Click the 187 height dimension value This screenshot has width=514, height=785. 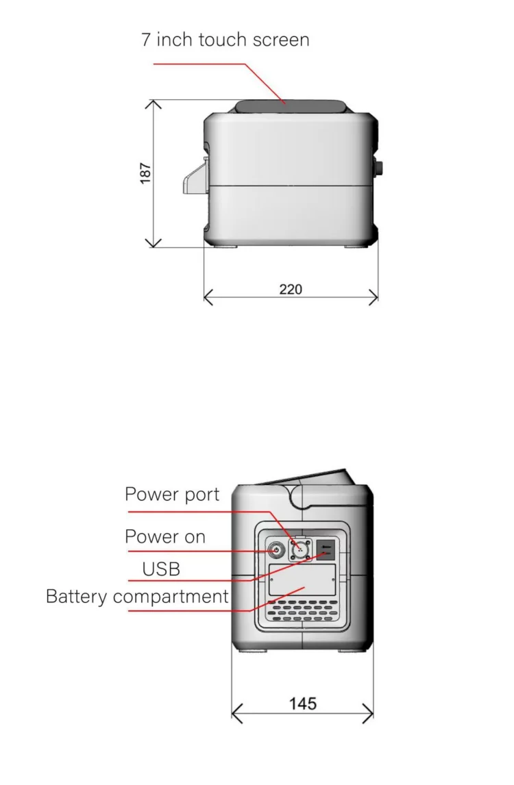pyautogui.click(x=145, y=173)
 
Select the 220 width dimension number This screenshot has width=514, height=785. pyautogui.click(x=291, y=289)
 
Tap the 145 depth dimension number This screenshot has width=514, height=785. pyautogui.click(x=302, y=703)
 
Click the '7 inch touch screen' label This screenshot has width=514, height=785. pyautogui.click(x=225, y=40)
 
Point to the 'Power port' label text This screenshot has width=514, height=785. pyautogui.click(x=172, y=495)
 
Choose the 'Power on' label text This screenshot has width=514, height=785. pyautogui.click(x=165, y=537)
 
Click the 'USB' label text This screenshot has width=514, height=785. pyautogui.click(x=161, y=569)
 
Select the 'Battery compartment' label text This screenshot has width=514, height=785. pyautogui.click(x=137, y=597)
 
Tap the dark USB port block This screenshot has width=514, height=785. pyautogui.click(x=326, y=548)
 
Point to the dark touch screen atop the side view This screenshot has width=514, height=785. pyautogui.click(x=291, y=107)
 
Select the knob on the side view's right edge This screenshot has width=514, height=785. pyautogui.click(x=378, y=169)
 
